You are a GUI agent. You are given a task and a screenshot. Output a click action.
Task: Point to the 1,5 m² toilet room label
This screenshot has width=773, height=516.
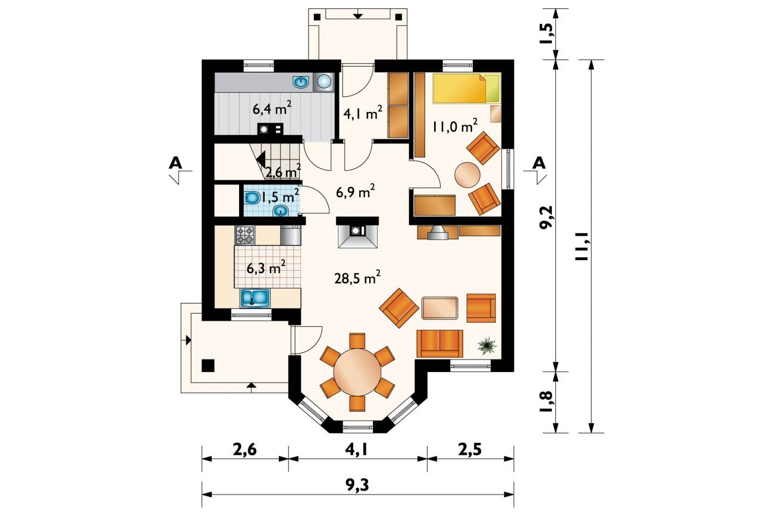click(x=279, y=196)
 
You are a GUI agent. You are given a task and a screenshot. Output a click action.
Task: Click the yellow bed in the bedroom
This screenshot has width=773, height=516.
click(x=466, y=89)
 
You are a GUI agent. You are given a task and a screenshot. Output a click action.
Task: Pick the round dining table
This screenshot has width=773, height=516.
click(x=357, y=373)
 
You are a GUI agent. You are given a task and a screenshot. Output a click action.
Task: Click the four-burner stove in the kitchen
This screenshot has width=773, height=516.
click(x=244, y=235)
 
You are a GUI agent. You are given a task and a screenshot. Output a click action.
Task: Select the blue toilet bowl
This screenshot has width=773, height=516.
click(x=252, y=198)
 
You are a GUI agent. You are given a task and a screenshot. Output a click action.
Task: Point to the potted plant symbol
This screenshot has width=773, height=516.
click(x=486, y=345)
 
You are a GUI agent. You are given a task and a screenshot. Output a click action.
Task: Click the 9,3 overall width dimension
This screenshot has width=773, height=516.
click(x=357, y=485)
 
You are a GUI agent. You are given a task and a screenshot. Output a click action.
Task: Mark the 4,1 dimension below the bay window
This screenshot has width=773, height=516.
click(x=357, y=450)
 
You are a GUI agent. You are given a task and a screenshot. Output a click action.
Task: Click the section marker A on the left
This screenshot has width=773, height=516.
click(x=175, y=162)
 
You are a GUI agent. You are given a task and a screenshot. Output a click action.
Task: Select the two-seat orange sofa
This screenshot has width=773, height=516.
click(x=439, y=343)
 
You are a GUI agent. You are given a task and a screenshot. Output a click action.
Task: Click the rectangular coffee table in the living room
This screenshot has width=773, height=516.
click(x=440, y=307)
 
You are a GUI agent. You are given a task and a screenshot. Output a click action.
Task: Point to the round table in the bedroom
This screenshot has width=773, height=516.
click(x=467, y=175)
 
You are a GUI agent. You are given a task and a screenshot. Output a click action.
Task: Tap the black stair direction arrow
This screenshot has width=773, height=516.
click(x=260, y=160)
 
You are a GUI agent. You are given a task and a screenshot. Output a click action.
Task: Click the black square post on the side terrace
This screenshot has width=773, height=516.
click(x=208, y=365)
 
